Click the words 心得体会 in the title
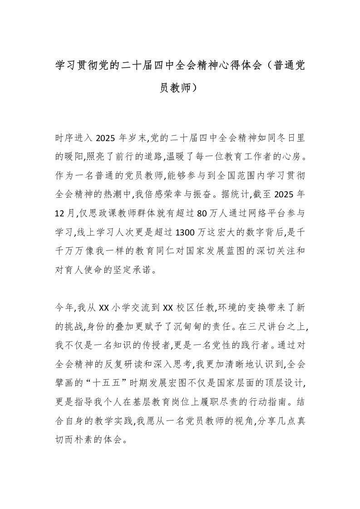click(238, 65)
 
